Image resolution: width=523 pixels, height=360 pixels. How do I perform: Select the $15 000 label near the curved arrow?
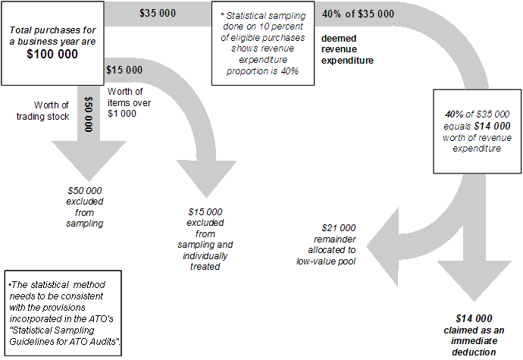click(x=124, y=70)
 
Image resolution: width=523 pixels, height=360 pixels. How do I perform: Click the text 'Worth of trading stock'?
click(x=52, y=111)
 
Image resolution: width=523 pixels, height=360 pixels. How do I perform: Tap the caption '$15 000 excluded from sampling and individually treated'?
click(x=211, y=239)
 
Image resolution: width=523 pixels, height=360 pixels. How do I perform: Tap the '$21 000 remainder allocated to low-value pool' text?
click(x=327, y=244)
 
